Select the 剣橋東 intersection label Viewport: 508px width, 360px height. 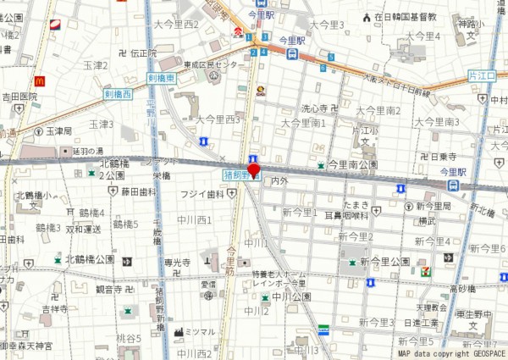coord(160,78)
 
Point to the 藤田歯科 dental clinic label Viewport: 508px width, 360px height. coord(139,192)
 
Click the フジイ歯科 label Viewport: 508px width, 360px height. coord(202,194)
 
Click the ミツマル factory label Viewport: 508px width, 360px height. coord(200,331)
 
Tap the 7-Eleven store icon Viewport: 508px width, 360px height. coord(426,272)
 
